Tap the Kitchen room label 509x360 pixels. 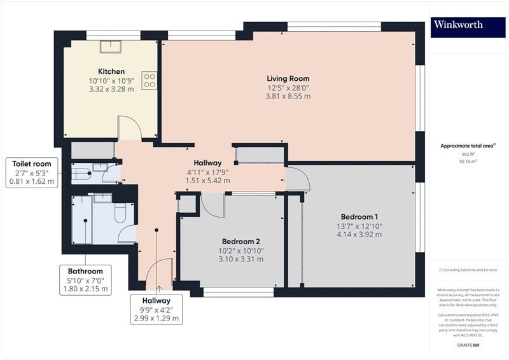pyautogui.click(x=111, y=71)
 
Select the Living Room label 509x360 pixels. pyautogui.click(x=288, y=79)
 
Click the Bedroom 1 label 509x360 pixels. pyautogui.click(x=359, y=217)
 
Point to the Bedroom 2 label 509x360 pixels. pyautogui.click(x=241, y=242)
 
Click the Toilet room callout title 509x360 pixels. pyautogui.click(x=32, y=164)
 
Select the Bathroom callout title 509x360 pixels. pyautogui.click(x=85, y=271)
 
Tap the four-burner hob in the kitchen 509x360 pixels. pyautogui.click(x=150, y=81)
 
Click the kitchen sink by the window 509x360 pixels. pyautogui.click(x=110, y=46)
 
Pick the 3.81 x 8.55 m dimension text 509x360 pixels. pyautogui.click(x=288, y=96)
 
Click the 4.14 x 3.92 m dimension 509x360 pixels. pyautogui.click(x=359, y=234)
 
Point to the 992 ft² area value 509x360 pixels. pyautogui.click(x=468, y=154)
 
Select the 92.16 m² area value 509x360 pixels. pyautogui.click(x=468, y=161)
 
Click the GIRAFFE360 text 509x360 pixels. pyautogui.click(x=468, y=345)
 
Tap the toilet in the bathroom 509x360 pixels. pyautogui.click(x=120, y=212)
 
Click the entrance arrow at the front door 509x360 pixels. pyautogui.click(x=159, y=289)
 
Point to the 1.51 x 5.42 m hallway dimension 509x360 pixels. pyautogui.click(x=208, y=181)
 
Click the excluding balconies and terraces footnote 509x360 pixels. pyautogui.click(x=468, y=270)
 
